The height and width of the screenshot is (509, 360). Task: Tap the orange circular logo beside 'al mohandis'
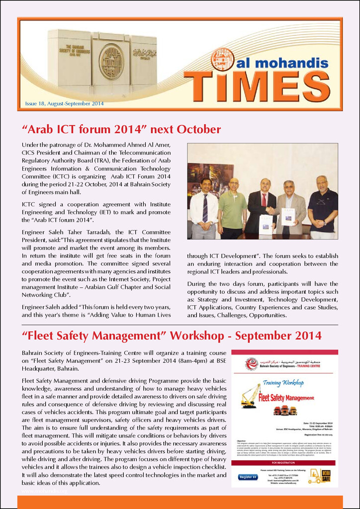pyautogui.click(x=222, y=59)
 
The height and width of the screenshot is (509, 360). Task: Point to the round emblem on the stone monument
pyautogui.click(x=111, y=62)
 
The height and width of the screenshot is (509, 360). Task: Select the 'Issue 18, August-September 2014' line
pyautogui.click(x=64, y=104)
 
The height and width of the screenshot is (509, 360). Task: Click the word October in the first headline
pyautogui.click(x=192, y=130)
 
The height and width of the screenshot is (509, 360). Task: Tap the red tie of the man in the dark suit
pyautogui.click(x=264, y=200)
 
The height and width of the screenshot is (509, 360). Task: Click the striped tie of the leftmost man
pyautogui.click(x=205, y=208)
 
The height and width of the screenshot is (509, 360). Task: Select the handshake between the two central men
pyautogui.click(x=270, y=210)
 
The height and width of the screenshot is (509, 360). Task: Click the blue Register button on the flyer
pyautogui.click(x=248, y=477)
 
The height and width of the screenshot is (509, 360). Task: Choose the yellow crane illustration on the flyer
pyautogui.click(x=250, y=396)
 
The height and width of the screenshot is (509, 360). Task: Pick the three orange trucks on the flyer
pyautogui.click(x=285, y=411)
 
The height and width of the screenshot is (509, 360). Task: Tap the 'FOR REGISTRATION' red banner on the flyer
pyautogui.click(x=284, y=462)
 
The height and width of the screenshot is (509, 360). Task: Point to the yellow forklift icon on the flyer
pyautogui.click(x=315, y=476)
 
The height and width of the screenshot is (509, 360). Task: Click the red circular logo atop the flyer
pyautogui.click(x=251, y=364)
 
